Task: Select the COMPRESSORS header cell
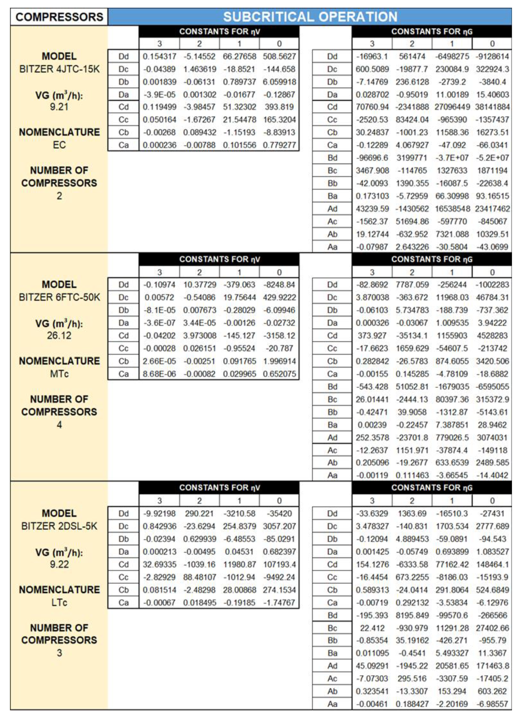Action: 59,17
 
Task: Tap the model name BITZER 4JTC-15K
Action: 59,69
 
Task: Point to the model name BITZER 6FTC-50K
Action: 59,297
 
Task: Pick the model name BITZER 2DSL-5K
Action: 59,526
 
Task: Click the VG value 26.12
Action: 59,335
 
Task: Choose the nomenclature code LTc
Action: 59,603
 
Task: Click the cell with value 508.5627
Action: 279,56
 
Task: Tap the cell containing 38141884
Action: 492,107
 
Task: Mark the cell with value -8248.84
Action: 279,285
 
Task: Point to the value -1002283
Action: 492,285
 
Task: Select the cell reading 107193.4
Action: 279,564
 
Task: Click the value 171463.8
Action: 492,666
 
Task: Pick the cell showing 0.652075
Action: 279,374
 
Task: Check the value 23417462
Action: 492,209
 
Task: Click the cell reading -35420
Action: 279,514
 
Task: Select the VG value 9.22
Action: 59,564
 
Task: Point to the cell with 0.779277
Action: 279,145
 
